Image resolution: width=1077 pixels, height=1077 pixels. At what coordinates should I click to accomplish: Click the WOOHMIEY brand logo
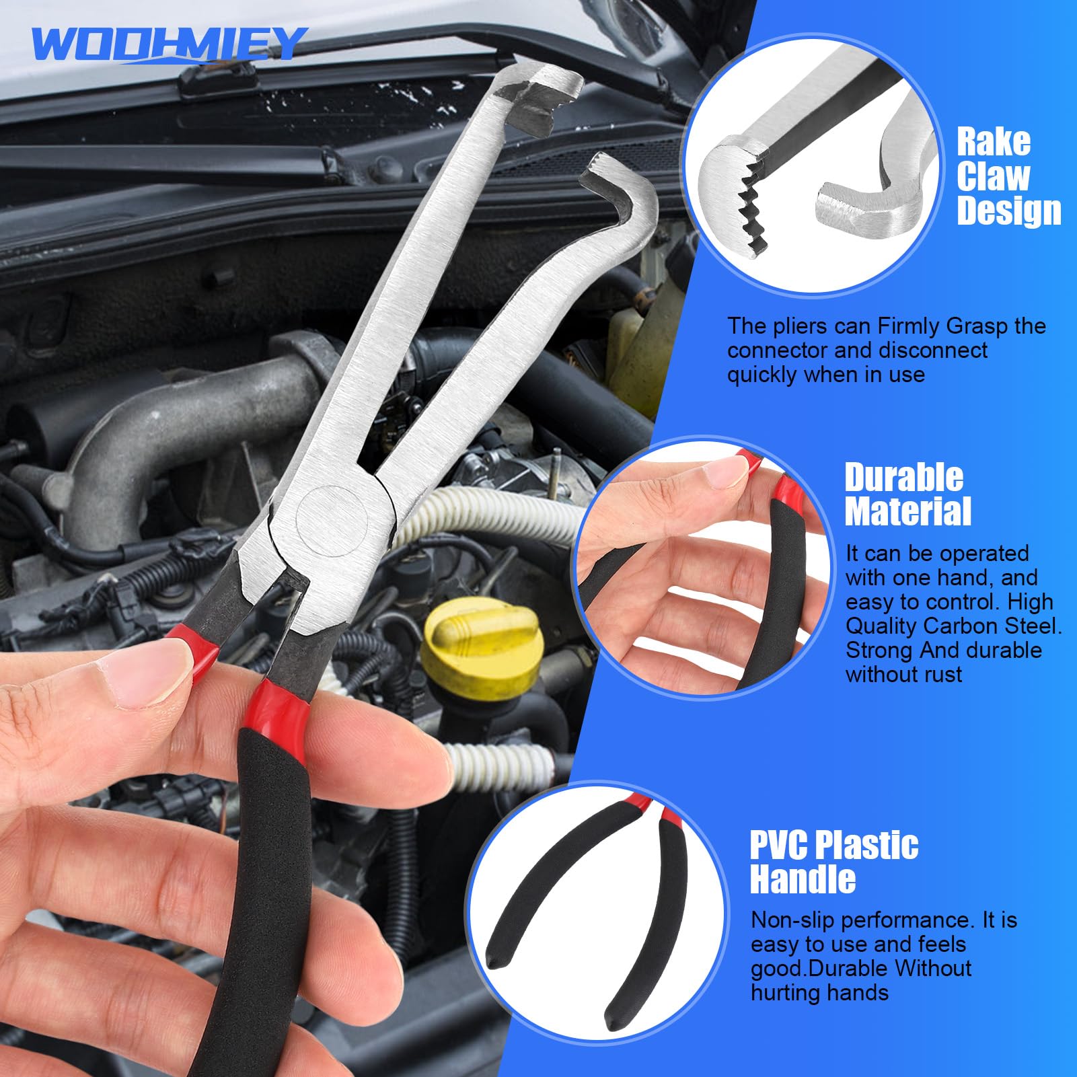[x=169, y=44]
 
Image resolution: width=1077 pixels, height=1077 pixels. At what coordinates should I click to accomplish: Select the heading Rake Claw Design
[x=1008, y=176]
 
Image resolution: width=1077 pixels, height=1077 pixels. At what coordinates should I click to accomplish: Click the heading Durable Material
[x=907, y=494]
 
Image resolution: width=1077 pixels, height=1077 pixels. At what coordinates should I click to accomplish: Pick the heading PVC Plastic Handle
[x=834, y=862]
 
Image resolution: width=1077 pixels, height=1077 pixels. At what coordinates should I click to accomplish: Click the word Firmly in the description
[x=909, y=326]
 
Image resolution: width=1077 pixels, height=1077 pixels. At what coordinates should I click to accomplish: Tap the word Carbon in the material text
[x=961, y=626]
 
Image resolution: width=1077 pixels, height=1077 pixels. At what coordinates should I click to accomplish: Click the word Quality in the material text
[x=881, y=627]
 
